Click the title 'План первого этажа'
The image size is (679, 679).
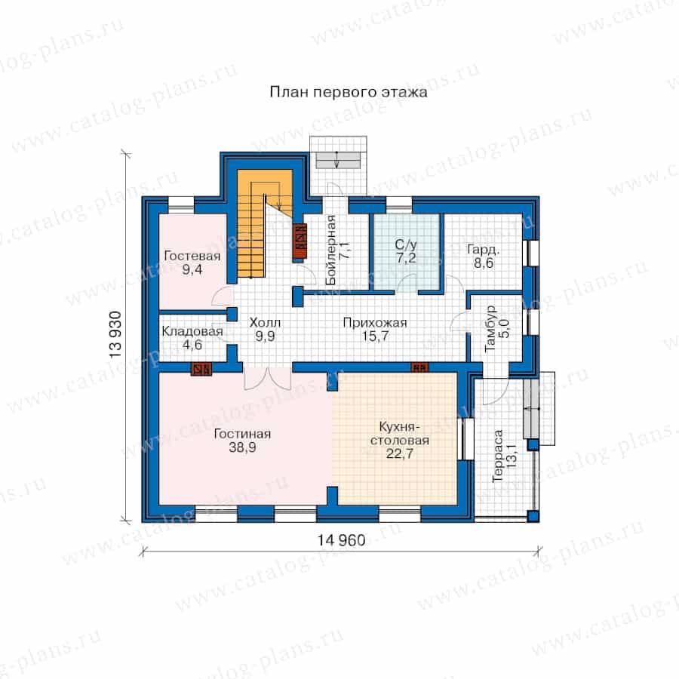[349, 92]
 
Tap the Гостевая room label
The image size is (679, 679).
[192, 256]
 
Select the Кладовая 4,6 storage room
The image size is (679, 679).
[192, 338]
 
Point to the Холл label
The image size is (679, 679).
[265, 323]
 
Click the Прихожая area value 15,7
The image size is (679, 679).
[375, 336]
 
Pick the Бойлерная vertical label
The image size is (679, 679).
[331, 250]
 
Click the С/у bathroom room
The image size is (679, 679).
[407, 251]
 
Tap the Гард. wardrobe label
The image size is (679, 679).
[484, 250]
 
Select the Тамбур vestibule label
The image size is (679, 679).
[490, 328]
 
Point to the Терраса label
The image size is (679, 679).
[498, 456]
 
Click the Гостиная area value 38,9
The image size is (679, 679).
[242, 447]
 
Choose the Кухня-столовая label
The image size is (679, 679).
[399, 434]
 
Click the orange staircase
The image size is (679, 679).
[265, 223]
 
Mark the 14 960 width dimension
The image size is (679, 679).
[341, 540]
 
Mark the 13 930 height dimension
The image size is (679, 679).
[115, 334]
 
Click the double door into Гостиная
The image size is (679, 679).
[267, 379]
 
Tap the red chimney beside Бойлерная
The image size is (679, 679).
[300, 241]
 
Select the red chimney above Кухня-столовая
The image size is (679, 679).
[419, 367]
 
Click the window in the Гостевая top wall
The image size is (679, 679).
[181, 204]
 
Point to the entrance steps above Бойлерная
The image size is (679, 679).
[338, 160]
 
